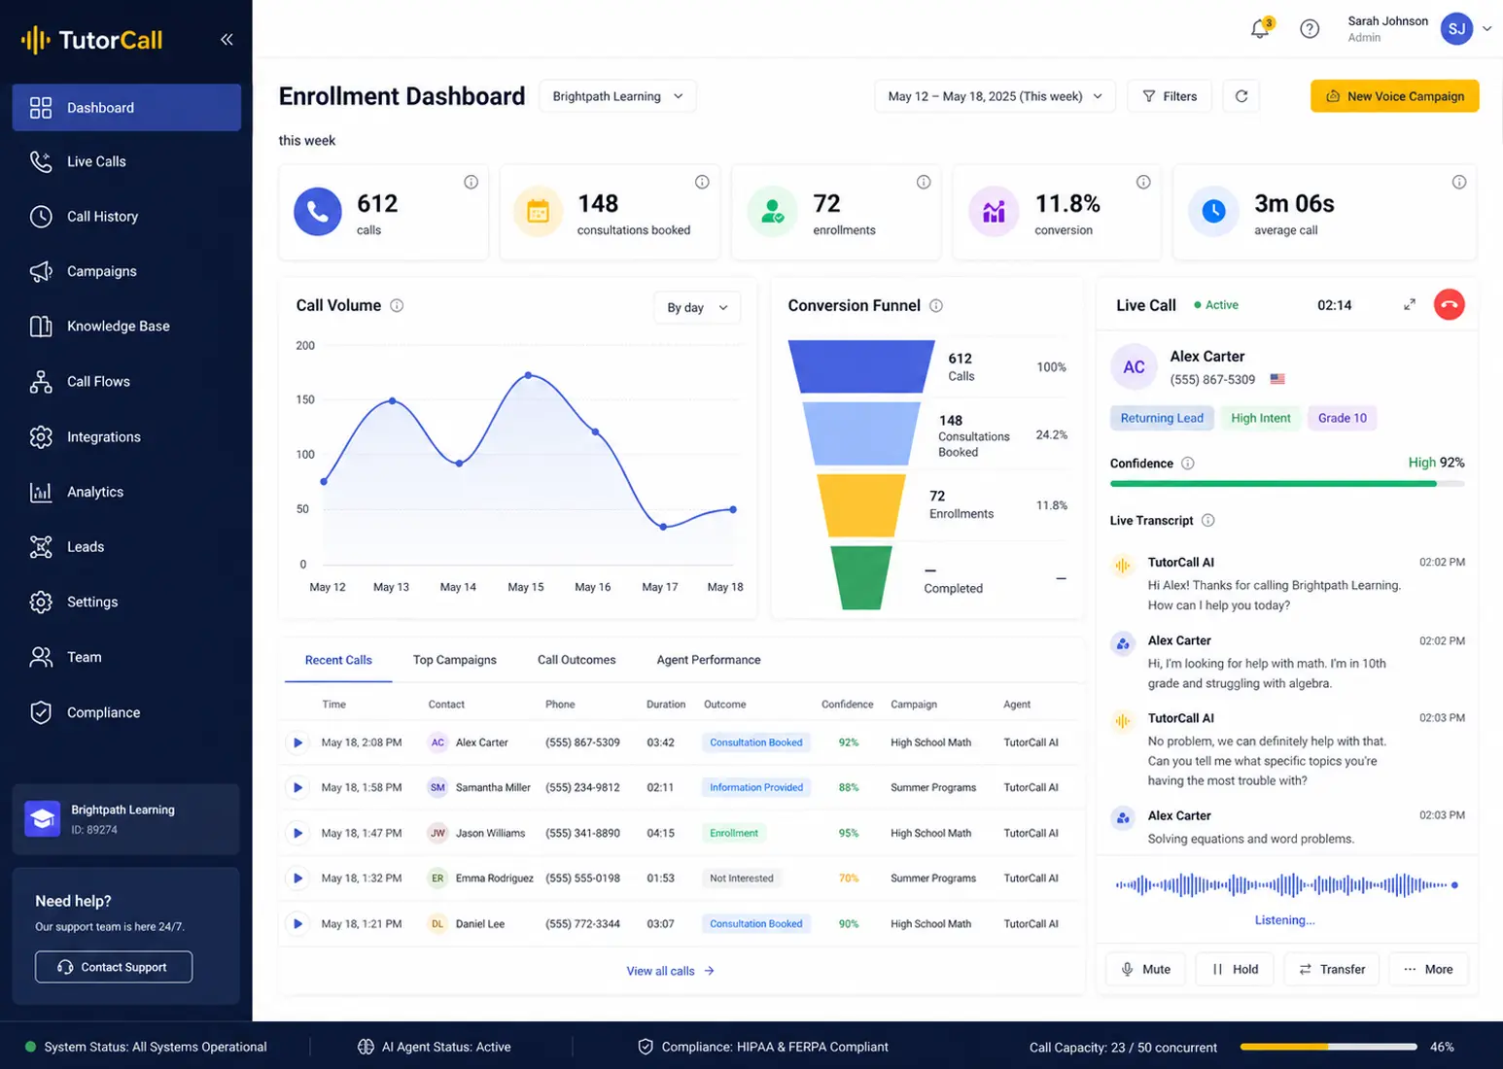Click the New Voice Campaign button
click(x=1394, y=96)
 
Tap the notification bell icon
click(x=1259, y=29)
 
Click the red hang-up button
click(x=1449, y=305)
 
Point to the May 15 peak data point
click(x=528, y=375)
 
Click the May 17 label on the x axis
click(x=659, y=587)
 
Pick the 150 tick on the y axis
click(x=305, y=399)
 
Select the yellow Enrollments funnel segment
click(x=860, y=505)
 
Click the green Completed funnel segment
click(x=860, y=577)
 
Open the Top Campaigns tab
click(x=454, y=660)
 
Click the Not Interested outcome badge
click(x=742, y=878)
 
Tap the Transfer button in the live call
click(x=1332, y=969)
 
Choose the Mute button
click(x=1145, y=969)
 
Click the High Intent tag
click(x=1260, y=418)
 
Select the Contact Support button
click(x=114, y=967)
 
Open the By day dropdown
click(x=697, y=308)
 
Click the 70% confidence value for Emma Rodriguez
click(x=848, y=878)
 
